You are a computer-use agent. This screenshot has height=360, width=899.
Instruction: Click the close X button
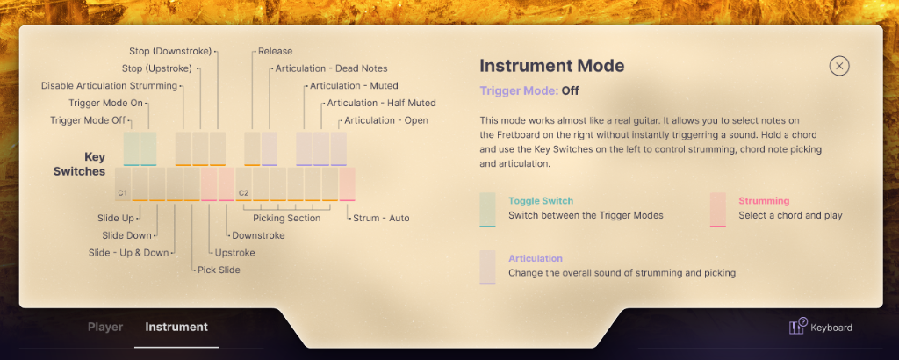click(x=839, y=66)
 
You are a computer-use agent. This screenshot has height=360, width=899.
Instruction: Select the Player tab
click(x=105, y=327)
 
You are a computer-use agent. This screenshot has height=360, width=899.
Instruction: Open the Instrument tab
click(x=176, y=327)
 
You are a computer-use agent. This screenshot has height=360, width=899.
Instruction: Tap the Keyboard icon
click(x=797, y=327)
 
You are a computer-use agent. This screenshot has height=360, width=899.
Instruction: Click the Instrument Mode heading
click(x=551, y=66)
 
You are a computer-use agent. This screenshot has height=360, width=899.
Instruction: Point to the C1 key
click(x=123, y=184)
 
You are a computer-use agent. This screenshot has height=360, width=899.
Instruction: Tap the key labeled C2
click(x=244, y=184)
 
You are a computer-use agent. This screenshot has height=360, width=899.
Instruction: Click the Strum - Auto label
click(x=381, y=218)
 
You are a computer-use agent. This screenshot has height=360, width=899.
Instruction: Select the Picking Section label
click(x=287, y=218)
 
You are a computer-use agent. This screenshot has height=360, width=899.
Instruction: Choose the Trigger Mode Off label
click(x=88, y=120)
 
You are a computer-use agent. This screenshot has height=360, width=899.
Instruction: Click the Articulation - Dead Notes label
click(x=331, y=68)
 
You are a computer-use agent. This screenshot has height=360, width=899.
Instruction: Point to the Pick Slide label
click(x=219, y=270)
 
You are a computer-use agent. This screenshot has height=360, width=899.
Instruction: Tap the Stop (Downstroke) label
click(x=170, y=51)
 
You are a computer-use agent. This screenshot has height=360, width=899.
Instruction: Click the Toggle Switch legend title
click(x=541, y=201)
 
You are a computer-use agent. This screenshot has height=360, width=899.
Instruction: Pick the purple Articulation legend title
click(x=536, y=258)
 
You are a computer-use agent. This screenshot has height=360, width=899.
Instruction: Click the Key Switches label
click(x=79, y=163)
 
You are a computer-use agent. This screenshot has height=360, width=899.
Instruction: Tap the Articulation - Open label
click(x=386, y=120)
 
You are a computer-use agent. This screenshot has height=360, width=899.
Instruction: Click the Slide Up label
click(x=115, y=218)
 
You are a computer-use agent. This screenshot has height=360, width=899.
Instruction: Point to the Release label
click(x=275, y=51)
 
